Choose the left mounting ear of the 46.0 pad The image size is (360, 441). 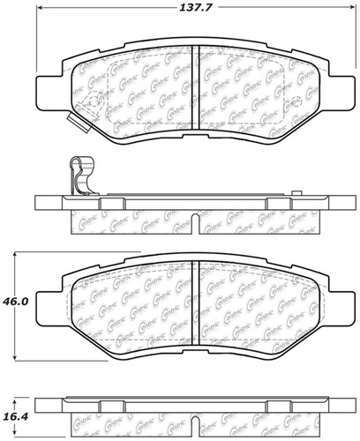(x=49, y=303)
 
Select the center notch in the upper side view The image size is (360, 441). (x=195, y=218)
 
